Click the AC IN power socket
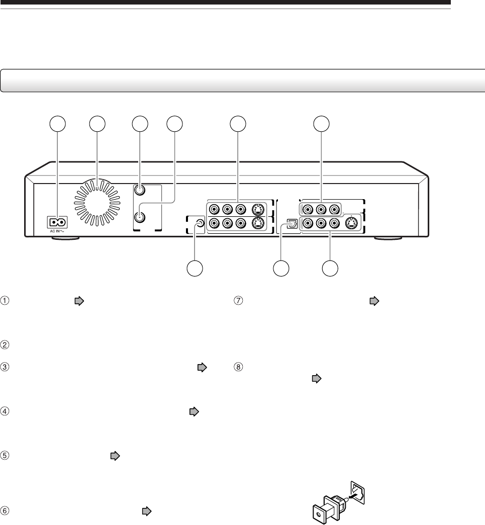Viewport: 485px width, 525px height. point(56,222)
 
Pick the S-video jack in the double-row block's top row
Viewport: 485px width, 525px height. point(258,209)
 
